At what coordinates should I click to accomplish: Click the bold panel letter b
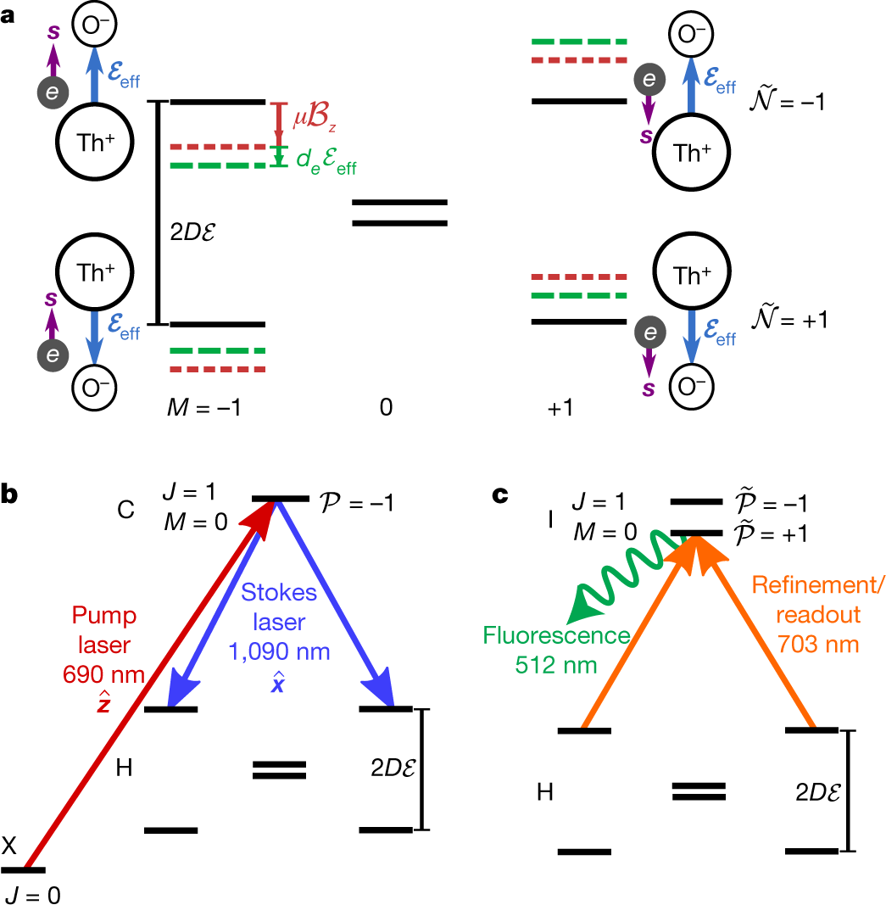(10, 496)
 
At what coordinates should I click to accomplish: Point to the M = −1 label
(203, 407)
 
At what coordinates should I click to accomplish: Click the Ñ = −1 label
(787, 103)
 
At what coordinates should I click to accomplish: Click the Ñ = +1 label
(787, 319)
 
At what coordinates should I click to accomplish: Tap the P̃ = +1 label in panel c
(772, 535)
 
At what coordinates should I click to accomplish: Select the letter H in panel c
(546, 791)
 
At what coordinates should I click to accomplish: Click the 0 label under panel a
(386, 408)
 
